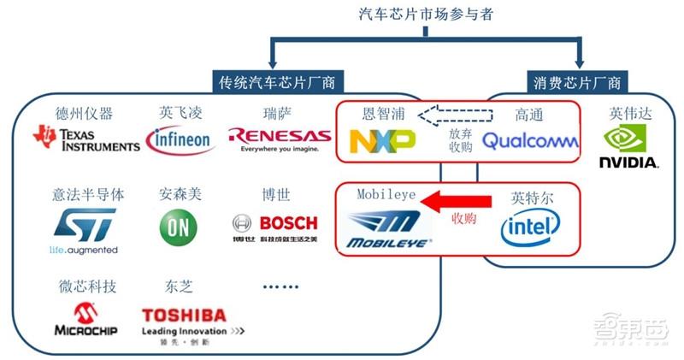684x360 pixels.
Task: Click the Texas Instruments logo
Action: (85, 139)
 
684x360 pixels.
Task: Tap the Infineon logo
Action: (181, 139)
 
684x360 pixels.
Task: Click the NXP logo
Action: (382, 139)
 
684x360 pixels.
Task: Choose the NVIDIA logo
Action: (628, 146)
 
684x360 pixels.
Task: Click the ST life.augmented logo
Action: (84, 228)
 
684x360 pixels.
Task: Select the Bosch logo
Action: (274, 224)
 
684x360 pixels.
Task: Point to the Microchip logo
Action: (85, 319)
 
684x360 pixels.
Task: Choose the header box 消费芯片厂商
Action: (579, 82)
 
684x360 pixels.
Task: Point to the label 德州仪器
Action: (84, 114)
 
